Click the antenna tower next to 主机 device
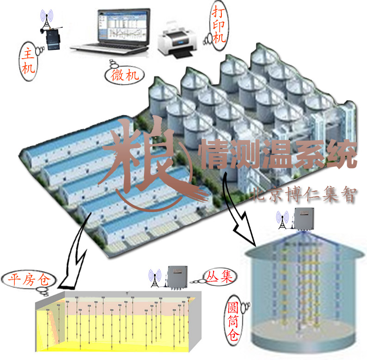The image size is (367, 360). (46, 21)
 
